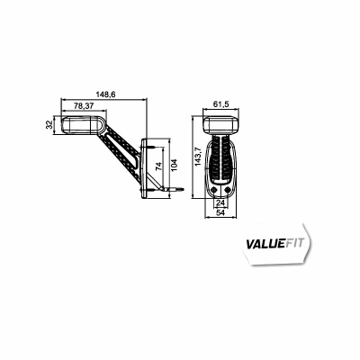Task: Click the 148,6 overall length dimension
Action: point(105,94)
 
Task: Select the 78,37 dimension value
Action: point(84,105)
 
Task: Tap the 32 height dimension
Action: point(49,124)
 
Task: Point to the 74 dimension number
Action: point(159,166)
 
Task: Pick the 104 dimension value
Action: point(174,165)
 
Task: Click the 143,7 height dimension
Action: point(198,157)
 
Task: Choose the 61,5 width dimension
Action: point(221,104)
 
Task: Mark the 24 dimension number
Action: point(220,203)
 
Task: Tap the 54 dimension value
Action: point(220,212)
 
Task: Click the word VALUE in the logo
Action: point(265,244)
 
